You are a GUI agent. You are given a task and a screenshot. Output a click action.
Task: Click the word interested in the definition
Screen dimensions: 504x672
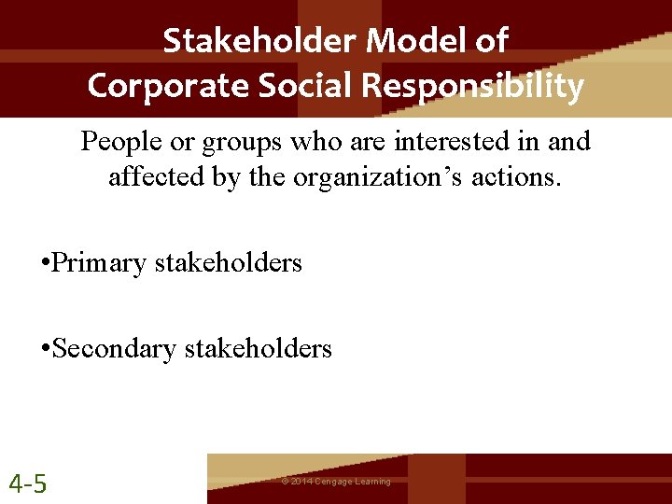click(x=438, y=142)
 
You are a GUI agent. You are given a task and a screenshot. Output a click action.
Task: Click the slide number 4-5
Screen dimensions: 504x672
click(x=28, y=483)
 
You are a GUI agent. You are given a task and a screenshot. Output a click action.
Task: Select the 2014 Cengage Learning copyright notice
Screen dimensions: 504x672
click(x=336, y=482)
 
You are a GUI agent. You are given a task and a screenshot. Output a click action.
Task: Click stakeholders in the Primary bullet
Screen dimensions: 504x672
click(x=228, y=263)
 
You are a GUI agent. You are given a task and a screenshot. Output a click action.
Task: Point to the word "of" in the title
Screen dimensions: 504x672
click(x=492, y=41)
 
